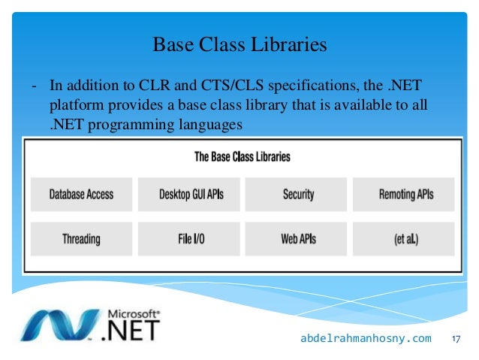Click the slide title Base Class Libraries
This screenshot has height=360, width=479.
click(x=239, y=45)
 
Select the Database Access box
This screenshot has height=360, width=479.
click(x=81, y=195)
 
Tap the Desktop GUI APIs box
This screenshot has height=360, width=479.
click(x=190, y=195)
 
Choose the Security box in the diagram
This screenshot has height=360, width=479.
click(x=297, y=195)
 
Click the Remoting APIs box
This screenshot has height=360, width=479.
click(x=405, y=195)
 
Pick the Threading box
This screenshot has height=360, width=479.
click(x=81, y=239)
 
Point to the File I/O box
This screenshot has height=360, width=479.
click(x=190, y=239)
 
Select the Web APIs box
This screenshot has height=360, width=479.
click(x=297, y=239)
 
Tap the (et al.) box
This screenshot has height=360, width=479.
click(x=405, y=239)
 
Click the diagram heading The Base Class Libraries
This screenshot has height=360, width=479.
click(x=242, y=157)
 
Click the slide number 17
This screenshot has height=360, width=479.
click(x=455, y=339)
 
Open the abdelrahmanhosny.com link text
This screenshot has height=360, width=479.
click(x=366, y=339)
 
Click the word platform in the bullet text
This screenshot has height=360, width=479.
click(x=75, y=106)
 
